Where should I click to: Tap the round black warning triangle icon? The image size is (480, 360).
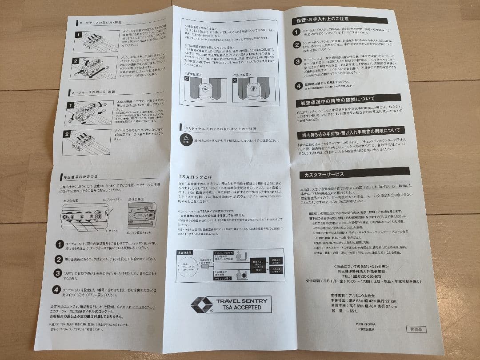(x=184, y=140)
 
